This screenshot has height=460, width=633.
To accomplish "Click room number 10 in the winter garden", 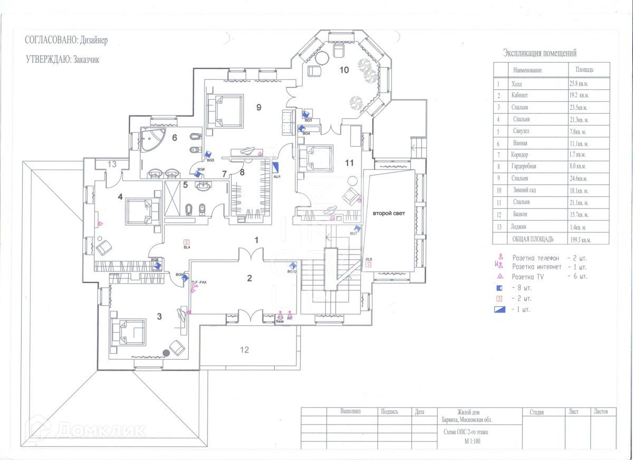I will pyautogui.click(x=344, y=70).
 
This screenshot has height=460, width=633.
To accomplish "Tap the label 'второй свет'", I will pyautogui.click(x=389, y=213).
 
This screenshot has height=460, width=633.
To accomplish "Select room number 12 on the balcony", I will pyautogui.click(x=244, y=349).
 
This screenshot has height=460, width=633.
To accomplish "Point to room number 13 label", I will pyautogui.click(x=112, y=164).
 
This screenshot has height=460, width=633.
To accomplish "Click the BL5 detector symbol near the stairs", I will pyautogui.click(x=369, y=265).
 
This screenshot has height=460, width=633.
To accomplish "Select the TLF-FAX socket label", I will pyautogui.click(x=199, y=283).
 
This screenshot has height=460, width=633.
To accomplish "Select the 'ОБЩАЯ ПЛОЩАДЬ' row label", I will pyautogui.click(x=533, y=239).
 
